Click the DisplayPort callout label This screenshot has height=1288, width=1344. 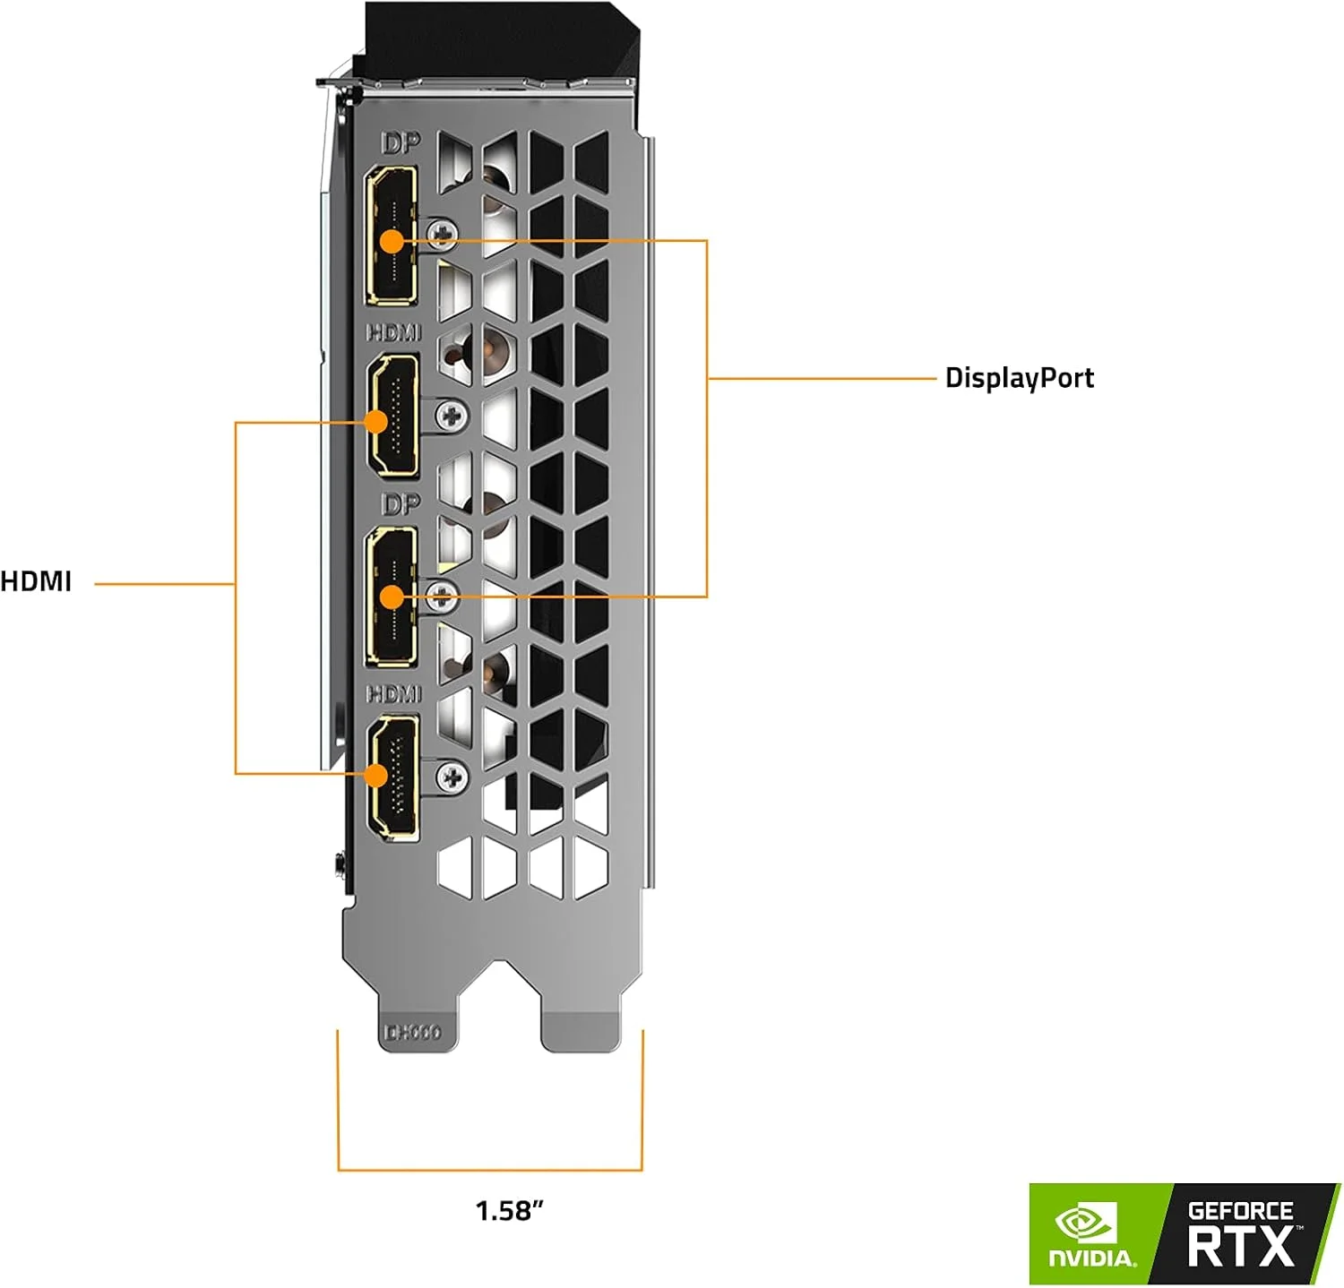tap(1019, 378)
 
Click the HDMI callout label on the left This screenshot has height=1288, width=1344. tap(36, 581)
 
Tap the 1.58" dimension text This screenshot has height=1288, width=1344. tap(509, 1211)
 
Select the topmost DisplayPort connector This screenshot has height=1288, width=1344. tap(391, 236)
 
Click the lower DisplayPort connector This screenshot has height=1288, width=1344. tap(391, 597)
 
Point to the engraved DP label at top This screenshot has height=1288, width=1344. tap(400, 143)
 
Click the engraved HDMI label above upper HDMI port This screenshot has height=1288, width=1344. tap(393, 332)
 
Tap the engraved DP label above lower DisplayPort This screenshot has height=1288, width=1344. tap(400, 505)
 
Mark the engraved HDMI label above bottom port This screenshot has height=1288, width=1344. tap(393, 694)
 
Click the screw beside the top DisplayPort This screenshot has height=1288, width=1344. tap(441, 235)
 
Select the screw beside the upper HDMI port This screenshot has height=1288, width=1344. tap(452, 415)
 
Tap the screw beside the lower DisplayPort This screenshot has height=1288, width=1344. tap(441, 596)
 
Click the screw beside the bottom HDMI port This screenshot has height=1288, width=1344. tap(452, 777)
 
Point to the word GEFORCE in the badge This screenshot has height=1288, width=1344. tap(1240, 1211)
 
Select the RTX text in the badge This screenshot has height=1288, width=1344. tap(1241, 1247)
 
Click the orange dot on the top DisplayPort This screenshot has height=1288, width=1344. tap(392, 241)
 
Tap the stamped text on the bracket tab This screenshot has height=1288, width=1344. tap(412, 1033)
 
